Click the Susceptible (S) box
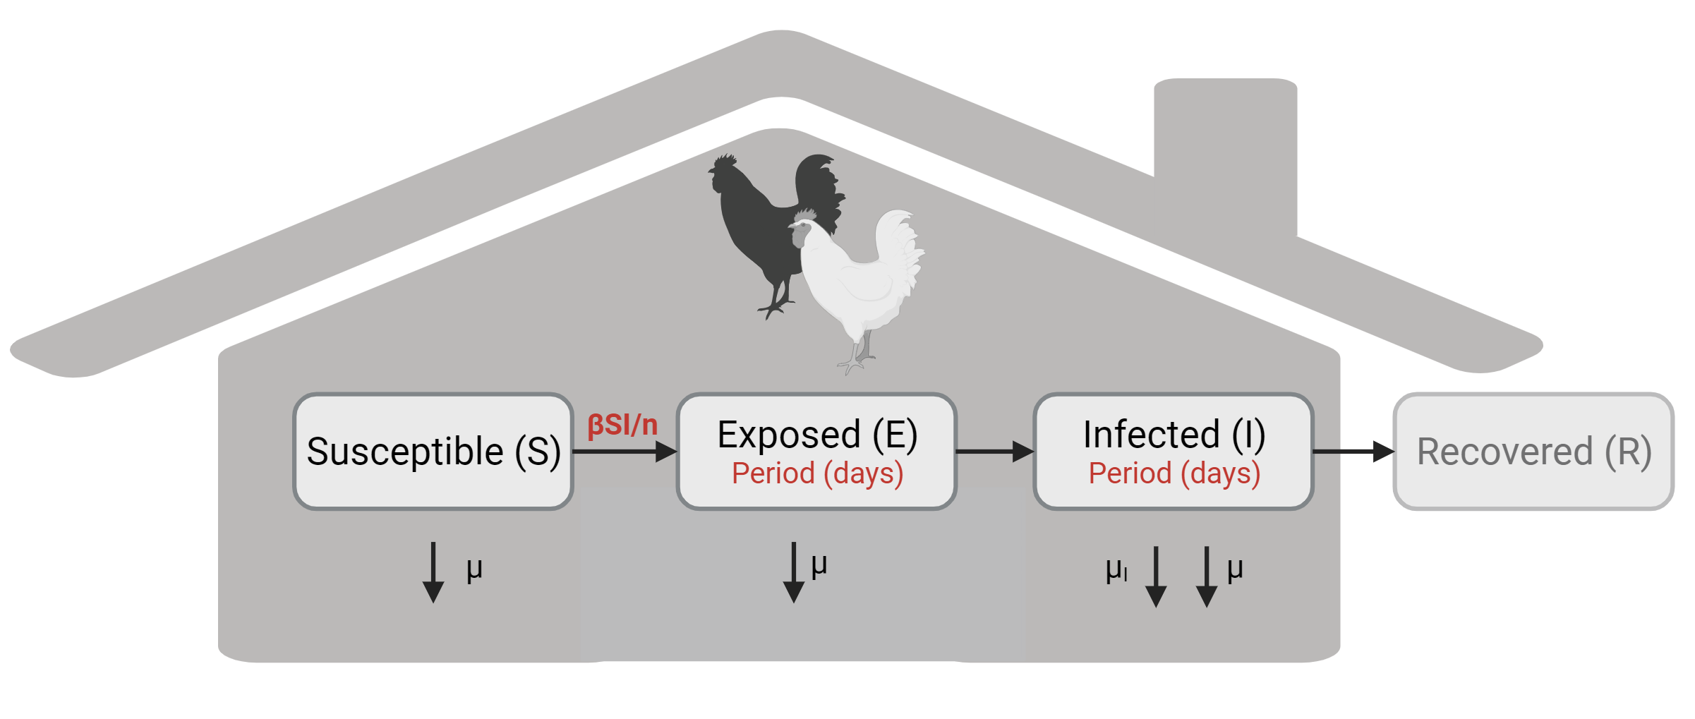click(433, 452)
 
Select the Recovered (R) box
click(1533, 452)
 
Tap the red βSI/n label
click(622, 425)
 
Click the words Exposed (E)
click(817, 434)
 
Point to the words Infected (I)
click(1174, 434)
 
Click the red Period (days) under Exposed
click(817, 473)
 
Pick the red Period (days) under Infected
click(1174, 473)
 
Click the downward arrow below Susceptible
click(433, 572)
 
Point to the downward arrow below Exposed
click(794, 572)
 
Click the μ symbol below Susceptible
click(474, 568)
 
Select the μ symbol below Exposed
click(819, 564)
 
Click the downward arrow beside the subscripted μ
click(1156, 576)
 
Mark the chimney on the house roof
click(1225, 141)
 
